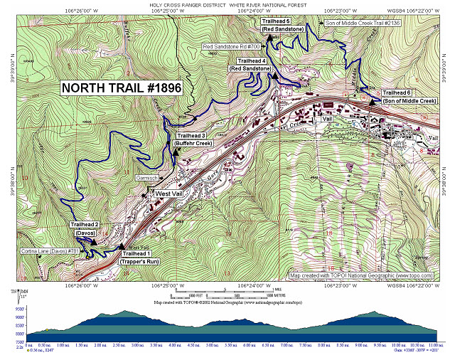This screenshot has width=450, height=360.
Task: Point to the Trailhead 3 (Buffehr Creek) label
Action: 193,139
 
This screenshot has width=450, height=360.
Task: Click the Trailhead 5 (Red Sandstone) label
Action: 282,25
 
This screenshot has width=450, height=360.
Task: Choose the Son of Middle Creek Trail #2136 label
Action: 363,23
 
